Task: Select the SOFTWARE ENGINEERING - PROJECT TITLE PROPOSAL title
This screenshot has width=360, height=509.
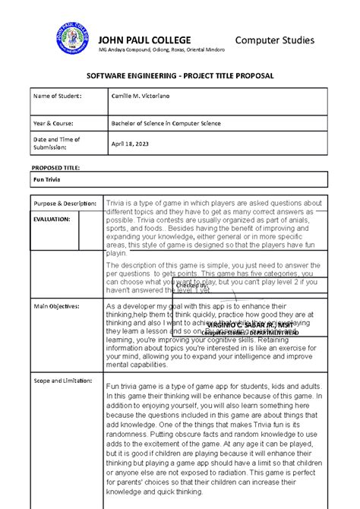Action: [180, 77]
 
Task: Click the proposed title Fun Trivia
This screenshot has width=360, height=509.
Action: [48, 179]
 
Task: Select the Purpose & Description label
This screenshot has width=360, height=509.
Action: [64, 204]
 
